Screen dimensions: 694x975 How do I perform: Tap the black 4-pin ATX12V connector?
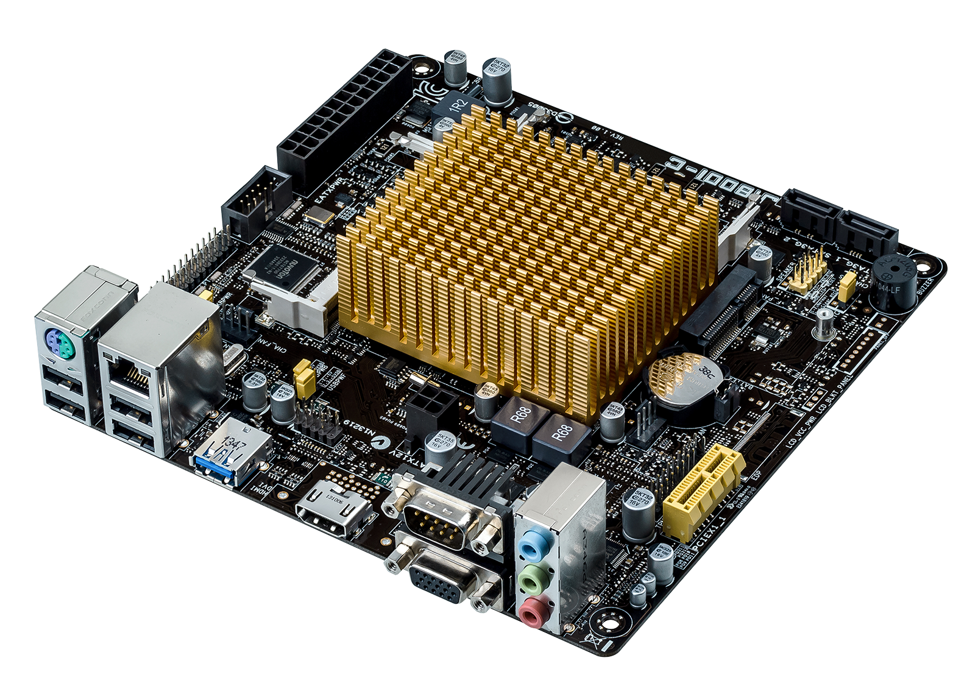429,407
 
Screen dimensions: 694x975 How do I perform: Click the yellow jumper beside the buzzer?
846,286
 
